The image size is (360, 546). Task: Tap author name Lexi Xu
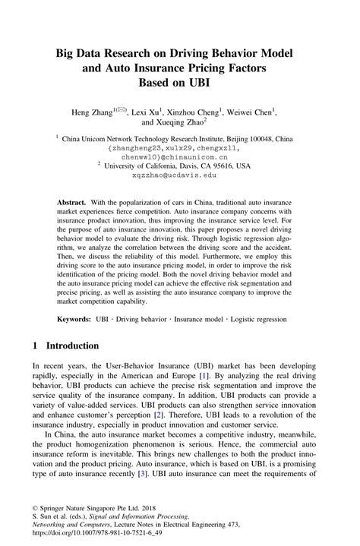148,112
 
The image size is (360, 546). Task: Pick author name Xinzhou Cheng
195,112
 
